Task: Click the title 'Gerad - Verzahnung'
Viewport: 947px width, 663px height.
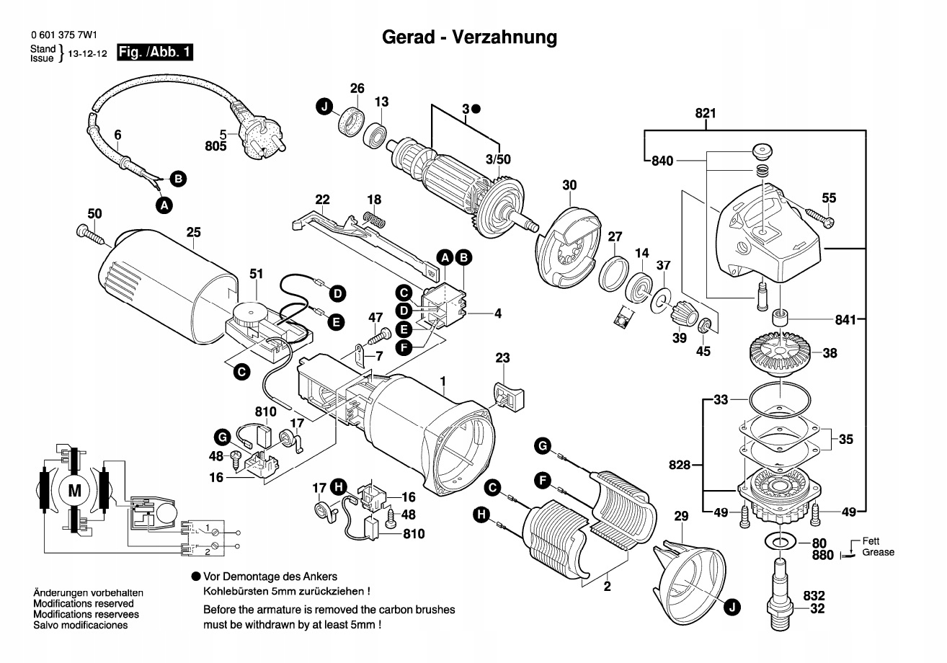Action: tap(469, 37)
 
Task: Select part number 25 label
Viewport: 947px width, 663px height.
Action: tap(193, 232)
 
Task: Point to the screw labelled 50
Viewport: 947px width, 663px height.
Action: tap(89, 232)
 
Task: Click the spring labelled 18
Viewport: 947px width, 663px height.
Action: tap(375, 218)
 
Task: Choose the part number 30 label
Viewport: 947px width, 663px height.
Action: tap(569, 185)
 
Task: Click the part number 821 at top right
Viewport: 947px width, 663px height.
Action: tap(705, 113)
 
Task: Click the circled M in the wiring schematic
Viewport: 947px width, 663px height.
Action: tap(74, 491)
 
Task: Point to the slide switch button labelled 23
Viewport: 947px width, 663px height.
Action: tap(508, 396)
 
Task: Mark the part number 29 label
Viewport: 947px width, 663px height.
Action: tap(681, 516)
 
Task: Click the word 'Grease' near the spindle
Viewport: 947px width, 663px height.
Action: tap(878, 552)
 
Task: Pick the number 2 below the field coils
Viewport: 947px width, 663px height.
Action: tap(607, 587)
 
